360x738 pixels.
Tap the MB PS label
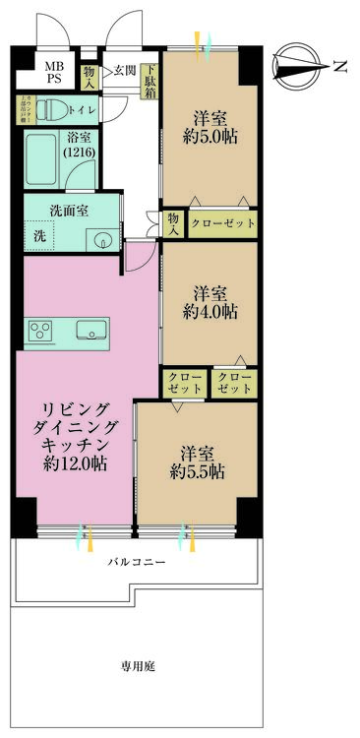pos(51,74)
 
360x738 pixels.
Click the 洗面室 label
pos(70,211)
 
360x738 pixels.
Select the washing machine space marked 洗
pos(39,237)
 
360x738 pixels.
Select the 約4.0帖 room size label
pos(210,312)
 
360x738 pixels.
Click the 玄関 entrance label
pos(125,70)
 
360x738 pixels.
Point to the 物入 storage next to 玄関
pos(90,75)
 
